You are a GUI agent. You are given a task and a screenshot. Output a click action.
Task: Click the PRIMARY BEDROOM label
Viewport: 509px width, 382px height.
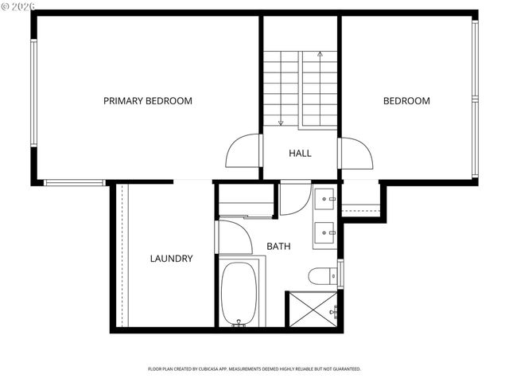(148, 101)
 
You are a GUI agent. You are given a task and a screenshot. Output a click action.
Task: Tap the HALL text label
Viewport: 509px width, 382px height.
(300, 153)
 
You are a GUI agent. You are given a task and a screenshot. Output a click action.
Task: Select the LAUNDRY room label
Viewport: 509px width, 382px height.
(171, 259)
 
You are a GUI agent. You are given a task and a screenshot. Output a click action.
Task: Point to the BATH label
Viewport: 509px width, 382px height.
(278, 247)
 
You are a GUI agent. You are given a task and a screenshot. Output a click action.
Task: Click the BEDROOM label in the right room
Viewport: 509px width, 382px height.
(406, 101)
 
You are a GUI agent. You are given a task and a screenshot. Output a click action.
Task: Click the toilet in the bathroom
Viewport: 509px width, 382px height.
(321, 276)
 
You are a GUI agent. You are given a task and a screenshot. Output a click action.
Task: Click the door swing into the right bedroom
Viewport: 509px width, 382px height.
(356, 153)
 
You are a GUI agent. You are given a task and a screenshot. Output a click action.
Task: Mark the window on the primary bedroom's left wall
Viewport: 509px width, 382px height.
(33, 93)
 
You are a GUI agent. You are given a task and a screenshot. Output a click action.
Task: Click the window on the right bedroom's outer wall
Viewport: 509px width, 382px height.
(475, 99)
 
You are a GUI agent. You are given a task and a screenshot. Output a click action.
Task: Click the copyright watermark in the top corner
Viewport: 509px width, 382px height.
(19, 6)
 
